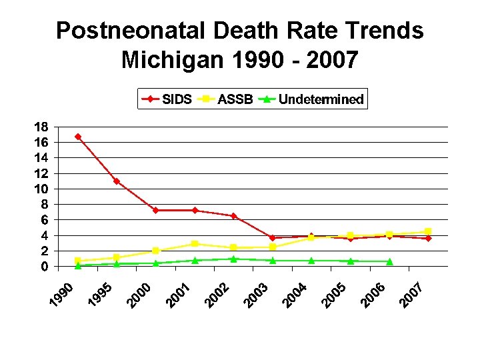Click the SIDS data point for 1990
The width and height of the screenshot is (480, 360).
click(78, 137)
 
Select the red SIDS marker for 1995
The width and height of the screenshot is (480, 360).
click(117, 181)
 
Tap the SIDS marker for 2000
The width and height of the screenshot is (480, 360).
click(155, 210)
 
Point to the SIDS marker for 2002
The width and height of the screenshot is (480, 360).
click(233, 216)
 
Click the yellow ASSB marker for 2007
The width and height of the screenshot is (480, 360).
click(428, 231)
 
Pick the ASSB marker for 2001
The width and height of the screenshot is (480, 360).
click(195, 244)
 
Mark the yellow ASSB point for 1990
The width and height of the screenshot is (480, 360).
click(78, 261)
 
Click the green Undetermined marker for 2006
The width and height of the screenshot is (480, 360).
click(389, 261)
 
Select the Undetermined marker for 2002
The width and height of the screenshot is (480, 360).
click(233, 259)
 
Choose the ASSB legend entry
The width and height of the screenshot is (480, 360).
click(224, 100)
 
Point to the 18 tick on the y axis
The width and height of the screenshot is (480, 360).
click(41, 127)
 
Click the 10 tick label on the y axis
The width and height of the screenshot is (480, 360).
click(41, 189)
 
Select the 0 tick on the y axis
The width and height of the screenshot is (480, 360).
click(44, 267)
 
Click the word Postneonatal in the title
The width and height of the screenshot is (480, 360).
click(139, 31)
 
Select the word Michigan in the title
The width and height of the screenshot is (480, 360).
click(174, 60)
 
